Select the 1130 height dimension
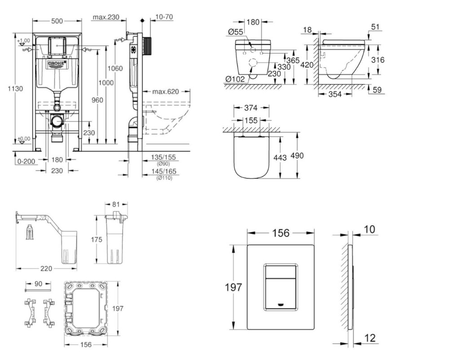tap(15, 89)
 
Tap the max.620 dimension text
tap(165, 92)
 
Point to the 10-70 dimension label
tap(164, 17)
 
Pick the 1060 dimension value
tap(115, 68)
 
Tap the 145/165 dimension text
tap(164, 171)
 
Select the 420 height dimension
tap(307, 65)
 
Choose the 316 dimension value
tap(378, 60)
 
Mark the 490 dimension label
tap(297, 156)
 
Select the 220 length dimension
tap(46, 268)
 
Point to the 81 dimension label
tap(115, 204)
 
